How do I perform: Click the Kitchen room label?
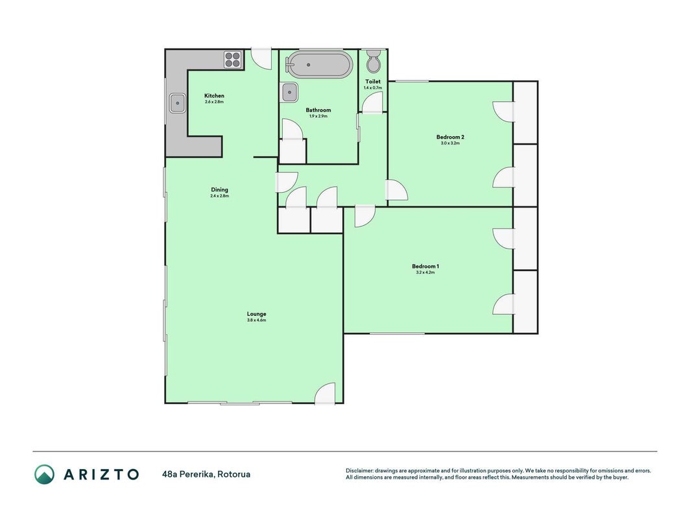tap(214, 96)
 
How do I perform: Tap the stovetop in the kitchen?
tap(233, 60)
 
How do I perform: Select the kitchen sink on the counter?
tap(178, 103)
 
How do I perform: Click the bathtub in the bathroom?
tap(319, 65)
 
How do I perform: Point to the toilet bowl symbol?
tap(374, 62)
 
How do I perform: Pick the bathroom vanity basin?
tap(289, 92)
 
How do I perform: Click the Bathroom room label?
tap(318, 110)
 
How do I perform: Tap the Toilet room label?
tap(373, 82)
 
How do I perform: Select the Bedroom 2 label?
tap(450, 138)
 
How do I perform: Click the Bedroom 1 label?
tap(425, 267)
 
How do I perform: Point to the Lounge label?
tap(256, 314)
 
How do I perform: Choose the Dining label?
tap(219, 190)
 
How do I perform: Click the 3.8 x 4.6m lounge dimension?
tap(256, 320)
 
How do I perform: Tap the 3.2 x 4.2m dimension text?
tap(425, 272)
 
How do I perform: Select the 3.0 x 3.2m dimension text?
tap(450, 143)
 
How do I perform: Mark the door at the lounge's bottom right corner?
tap(326, 393)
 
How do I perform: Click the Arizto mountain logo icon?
tap(45, 474)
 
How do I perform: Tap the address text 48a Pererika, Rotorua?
tap(206, 474)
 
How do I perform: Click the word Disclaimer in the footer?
tap(359, 471)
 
